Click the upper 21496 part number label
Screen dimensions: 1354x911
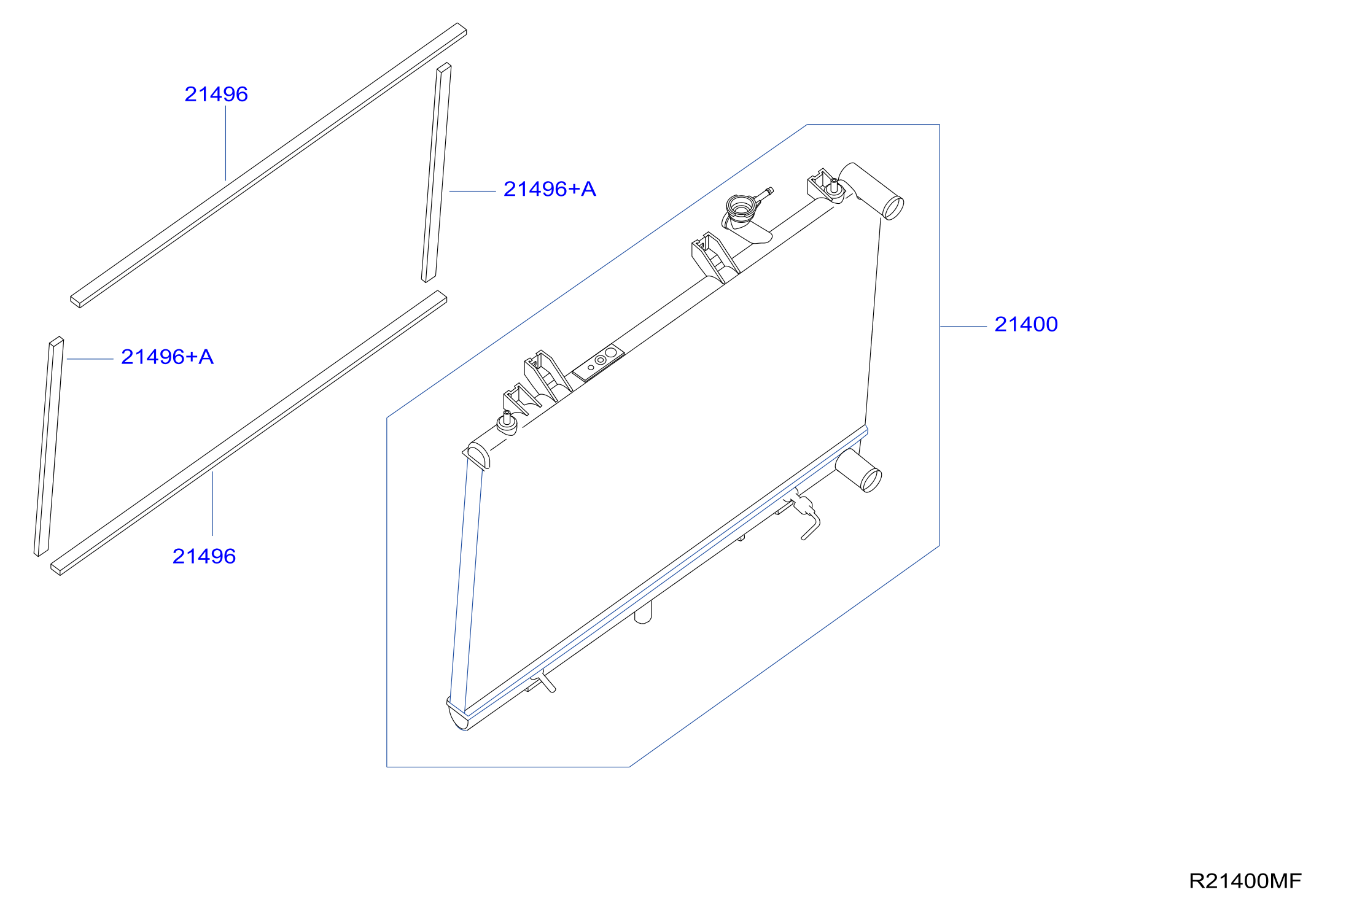tap(216, 94)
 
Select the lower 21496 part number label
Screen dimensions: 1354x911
tap(204, 556)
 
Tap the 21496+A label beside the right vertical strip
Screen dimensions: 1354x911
tap(550, 189)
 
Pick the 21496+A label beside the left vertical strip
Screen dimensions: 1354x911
tap(167, 357)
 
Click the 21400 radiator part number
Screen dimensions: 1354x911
tap(1026, 324)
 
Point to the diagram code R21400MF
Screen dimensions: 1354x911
tap(1245, 881)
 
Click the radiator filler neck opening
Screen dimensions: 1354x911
tap(741, 206)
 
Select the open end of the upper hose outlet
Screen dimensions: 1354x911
tap(893, 207)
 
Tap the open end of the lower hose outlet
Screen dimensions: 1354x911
tap(871, 480)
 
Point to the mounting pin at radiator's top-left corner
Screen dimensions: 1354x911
tap(507, 423)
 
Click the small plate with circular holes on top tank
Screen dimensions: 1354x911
tap(599, 363)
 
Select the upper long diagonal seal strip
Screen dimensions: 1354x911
tap(268, 165)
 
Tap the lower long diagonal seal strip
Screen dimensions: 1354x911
tap(249, 433)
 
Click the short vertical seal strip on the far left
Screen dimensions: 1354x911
tap(49, 447)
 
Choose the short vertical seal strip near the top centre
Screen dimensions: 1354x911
tap(437, 173)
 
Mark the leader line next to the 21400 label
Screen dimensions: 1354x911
tap(963, 327)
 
